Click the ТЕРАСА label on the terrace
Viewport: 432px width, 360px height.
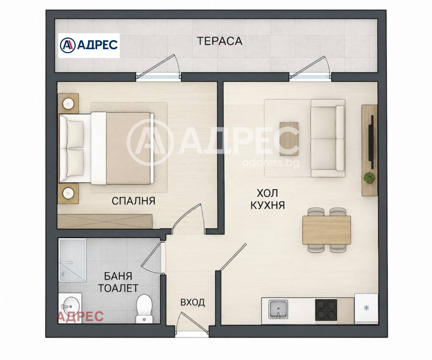pos(219,41)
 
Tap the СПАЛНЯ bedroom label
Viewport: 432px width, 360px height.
pos(133,201)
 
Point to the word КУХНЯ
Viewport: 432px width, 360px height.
pos(267,205)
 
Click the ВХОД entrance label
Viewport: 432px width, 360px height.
pos(192,303)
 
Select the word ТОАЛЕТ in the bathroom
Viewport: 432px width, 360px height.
pos(118,288)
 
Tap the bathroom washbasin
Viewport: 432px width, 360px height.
pos(70,306)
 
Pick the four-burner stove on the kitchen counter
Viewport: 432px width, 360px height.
pos(326,309)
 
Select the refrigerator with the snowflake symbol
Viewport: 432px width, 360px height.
pos(366,309)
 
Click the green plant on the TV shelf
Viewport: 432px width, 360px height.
pos(369,178)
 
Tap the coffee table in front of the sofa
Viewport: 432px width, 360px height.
pos(289,139)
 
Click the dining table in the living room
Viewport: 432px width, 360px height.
pos(327,230)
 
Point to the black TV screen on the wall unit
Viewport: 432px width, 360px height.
pos(372,142)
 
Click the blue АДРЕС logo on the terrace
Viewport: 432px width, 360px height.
pos(89,45)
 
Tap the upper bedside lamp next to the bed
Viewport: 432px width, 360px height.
pos(68,104)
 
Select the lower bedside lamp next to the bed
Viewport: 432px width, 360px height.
pos(68,193)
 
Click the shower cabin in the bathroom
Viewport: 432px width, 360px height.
pos(73,260)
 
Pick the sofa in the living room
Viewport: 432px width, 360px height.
pos(328,138)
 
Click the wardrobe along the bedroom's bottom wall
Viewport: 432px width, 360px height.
pos(105,221)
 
